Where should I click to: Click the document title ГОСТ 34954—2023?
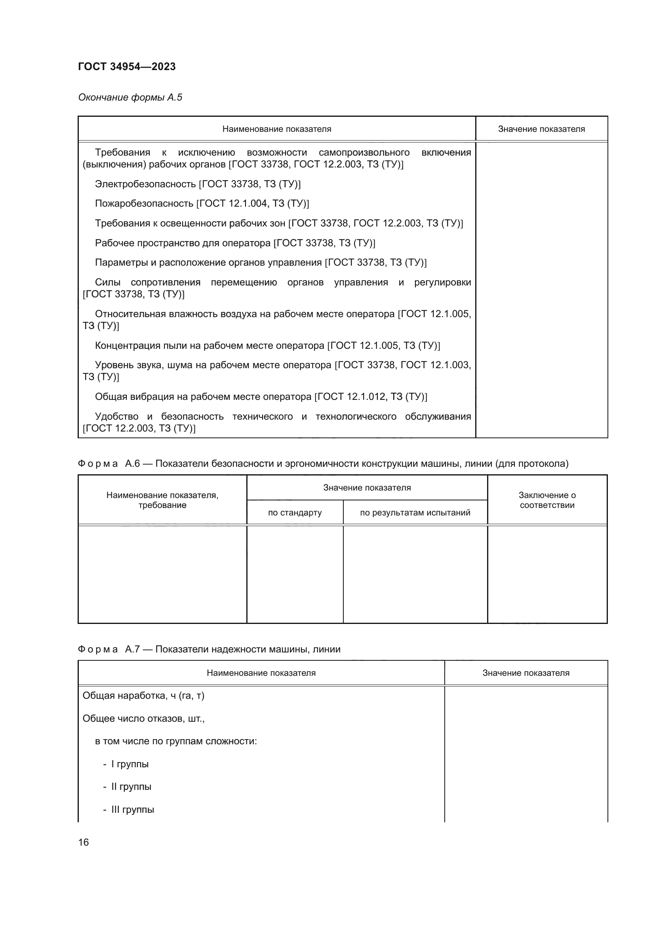pyautogui.click(x=127, y=67)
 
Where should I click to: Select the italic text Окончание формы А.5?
pyautogui.click(x=130, y=97)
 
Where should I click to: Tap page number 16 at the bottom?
pyautogui.click(x=84, y=842)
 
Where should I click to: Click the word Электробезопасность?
pyautogui.click(x=146, y=184)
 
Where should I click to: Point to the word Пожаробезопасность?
pyautogui.click(x=144, y=203)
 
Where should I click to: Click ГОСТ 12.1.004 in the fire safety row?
pyautogui.click(x=234, y=203)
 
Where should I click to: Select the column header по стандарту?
pyautogui.click(x=295, y=513)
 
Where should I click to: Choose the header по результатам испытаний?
pyautogui.click(x=415, y=513)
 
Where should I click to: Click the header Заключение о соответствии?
pyautogui.click(x=547, y=500)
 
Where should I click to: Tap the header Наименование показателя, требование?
pyautogui.click(x=162, y=500)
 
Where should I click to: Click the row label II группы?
pyautogui.click(x=131, y=787)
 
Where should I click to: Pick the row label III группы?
pyautogui.click(x=133, y=810)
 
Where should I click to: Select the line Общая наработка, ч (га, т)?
pyautogui.click(x=143, y=695)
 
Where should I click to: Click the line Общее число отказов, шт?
pyautogui.click(x=143, y=718)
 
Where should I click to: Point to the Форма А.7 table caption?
pyautogui.click(x=209, y=649)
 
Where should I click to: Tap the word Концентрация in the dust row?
pyautogui.click(x=127, y=345)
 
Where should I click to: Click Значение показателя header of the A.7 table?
pyautogui.click(x=526, y=673)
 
